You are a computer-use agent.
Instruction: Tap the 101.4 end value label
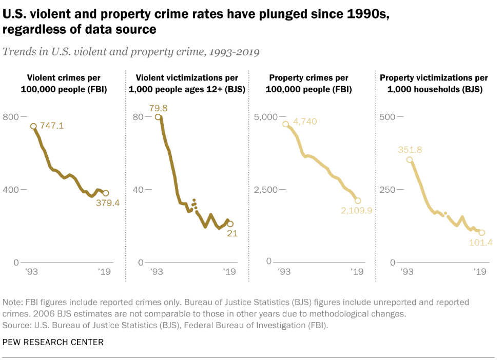coord(481,242)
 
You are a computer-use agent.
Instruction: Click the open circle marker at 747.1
coord(33,126)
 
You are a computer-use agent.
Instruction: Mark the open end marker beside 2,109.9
coord(358,201)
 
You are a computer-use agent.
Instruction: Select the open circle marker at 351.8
coord(409,159)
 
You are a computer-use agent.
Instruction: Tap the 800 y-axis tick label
coord(11,117)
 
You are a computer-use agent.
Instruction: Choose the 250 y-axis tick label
coord(387,190)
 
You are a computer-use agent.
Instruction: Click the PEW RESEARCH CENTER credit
coord(53,342)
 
